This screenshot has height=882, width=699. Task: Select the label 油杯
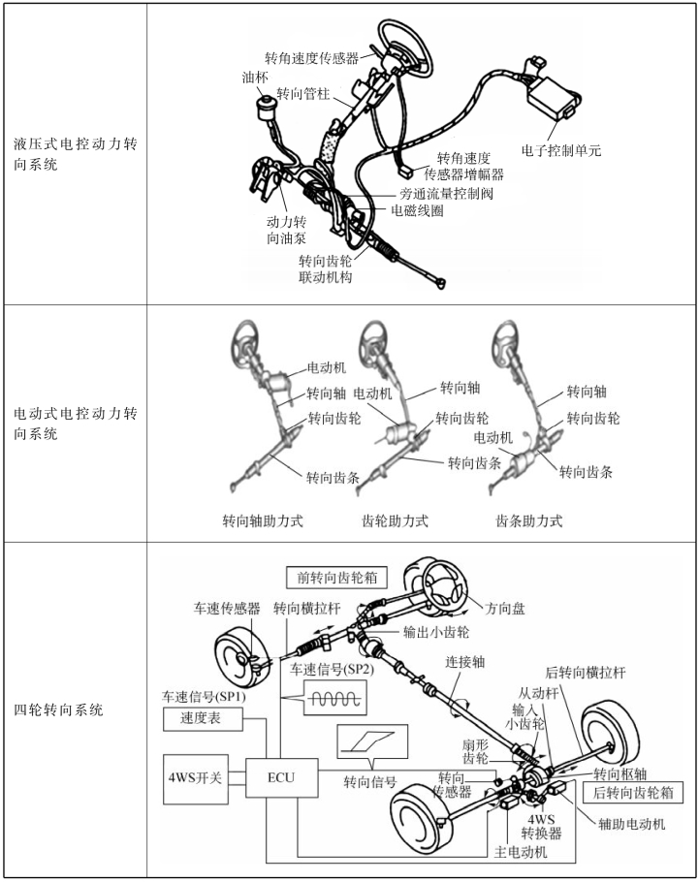[255, 76]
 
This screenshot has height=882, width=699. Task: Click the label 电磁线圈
[418, 209]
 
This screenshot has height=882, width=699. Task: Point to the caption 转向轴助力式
[263, 520]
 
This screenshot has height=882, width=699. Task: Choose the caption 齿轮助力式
[395, 520]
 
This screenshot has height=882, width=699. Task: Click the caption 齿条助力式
[529, 520]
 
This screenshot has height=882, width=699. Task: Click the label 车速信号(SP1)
[205, 697]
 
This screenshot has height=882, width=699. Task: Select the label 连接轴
[464, 663]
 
